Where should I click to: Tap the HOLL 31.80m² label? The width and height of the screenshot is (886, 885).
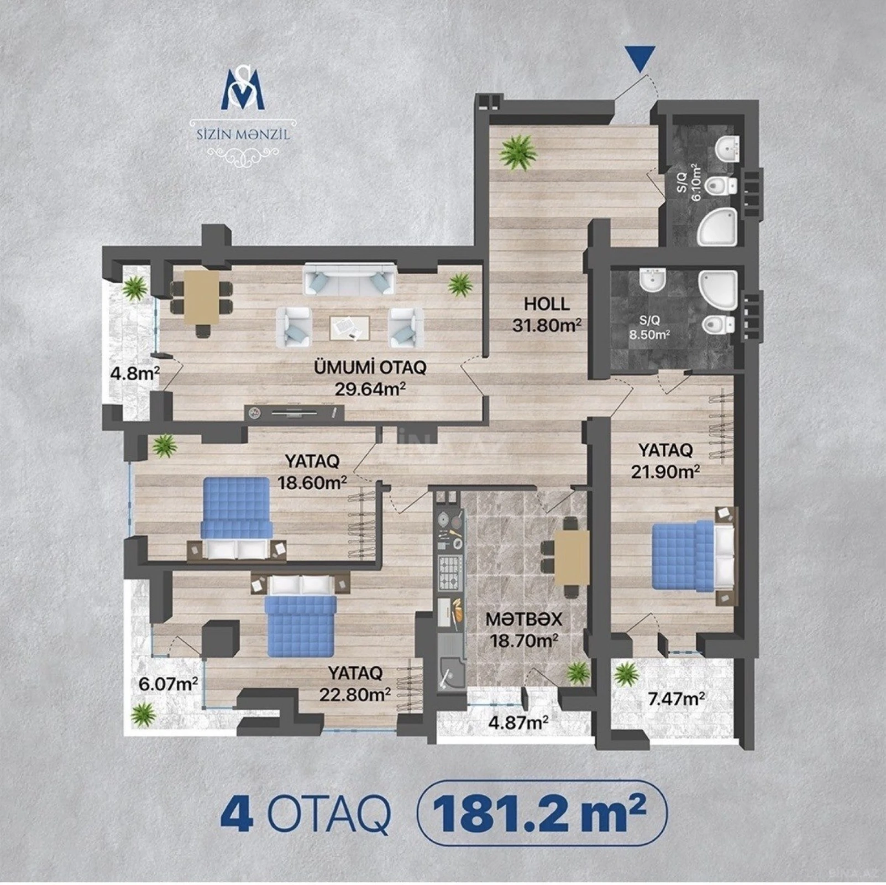[x=547, y=314]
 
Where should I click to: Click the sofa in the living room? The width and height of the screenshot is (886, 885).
[x=350, y=278]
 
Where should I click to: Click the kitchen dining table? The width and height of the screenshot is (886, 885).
[x=572, y=557]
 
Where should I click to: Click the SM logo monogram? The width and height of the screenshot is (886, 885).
[x=243, y=88]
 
